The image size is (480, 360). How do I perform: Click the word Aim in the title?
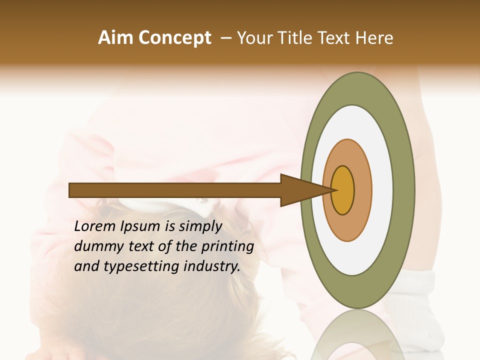[x=115, y=38]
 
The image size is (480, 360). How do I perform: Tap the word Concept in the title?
[x=175, y=38]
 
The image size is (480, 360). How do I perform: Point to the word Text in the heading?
[x=334, y=38]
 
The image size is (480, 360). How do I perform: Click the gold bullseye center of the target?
[x=343, y=190]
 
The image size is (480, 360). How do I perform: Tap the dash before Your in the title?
[x=226, y=38]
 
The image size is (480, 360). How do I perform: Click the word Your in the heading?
[x=254, y=38]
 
